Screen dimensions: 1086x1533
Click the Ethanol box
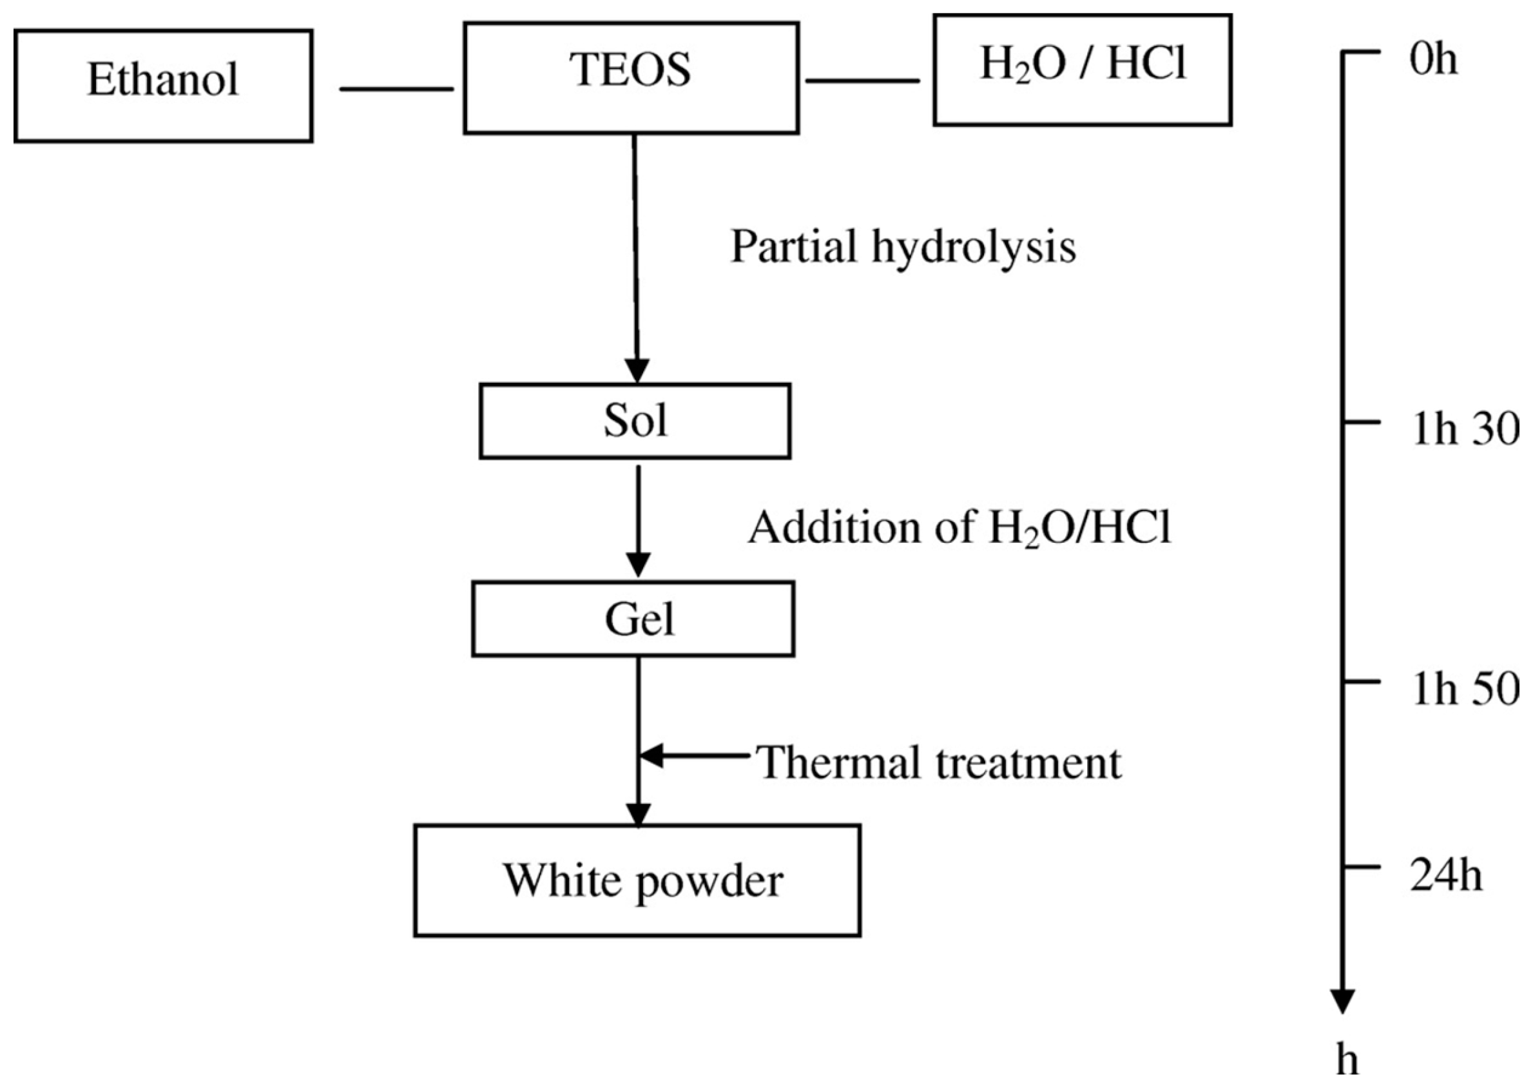[163, 85]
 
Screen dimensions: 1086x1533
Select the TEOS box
[630, 77]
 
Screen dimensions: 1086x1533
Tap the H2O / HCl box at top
[1082, 70]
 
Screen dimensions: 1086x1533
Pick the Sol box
[635, 421]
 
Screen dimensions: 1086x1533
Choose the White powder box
[637, 880]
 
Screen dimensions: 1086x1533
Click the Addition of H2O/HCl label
[959, 528]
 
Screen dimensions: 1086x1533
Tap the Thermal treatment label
[940, 762]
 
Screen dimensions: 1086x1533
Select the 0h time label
[1432, 60]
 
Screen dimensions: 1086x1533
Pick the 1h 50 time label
[1464, 689]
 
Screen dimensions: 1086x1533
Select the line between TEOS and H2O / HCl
[862, 81]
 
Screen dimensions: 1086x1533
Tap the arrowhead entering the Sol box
[637, 370]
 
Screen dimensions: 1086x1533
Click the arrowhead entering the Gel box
[638, 565]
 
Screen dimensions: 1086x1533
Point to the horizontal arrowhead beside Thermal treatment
[652, 755]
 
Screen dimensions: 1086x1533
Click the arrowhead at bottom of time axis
[1342, 1000]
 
